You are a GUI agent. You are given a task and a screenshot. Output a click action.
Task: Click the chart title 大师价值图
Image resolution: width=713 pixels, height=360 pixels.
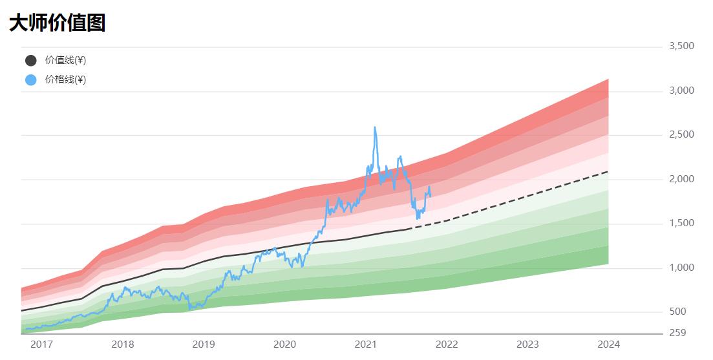pos(57,23)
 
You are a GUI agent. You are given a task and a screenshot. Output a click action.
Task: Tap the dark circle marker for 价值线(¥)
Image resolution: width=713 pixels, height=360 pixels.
pos(31,61)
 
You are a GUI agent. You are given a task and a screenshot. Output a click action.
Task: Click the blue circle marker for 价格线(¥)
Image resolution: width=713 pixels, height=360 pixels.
pos(31,80)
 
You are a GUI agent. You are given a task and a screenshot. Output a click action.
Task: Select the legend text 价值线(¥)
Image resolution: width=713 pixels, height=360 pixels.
pos(65,61)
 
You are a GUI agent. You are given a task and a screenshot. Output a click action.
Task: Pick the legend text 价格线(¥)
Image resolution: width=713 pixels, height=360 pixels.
pos(65,80)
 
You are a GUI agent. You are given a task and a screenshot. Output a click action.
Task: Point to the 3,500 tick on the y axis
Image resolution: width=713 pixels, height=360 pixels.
pos(681,46)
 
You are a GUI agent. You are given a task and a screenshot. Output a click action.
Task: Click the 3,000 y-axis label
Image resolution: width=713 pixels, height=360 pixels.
pos(681,90)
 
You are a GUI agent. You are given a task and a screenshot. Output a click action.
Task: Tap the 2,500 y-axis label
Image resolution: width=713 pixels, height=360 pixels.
pos(681,134)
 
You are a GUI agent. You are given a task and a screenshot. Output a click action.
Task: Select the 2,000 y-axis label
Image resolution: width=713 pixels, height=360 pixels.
pos(681,179)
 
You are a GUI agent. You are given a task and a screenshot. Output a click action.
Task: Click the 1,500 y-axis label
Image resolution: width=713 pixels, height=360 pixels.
pos(681,223)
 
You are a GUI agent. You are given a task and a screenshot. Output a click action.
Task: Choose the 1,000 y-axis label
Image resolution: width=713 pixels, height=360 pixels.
pos(681,268)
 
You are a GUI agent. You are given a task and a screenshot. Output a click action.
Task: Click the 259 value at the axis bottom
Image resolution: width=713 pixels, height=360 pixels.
pos(677,333)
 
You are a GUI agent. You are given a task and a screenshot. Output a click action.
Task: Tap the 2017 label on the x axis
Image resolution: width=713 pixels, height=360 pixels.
pos(41,344)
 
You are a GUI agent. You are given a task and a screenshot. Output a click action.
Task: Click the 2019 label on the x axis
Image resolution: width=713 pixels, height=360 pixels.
pos(204,344)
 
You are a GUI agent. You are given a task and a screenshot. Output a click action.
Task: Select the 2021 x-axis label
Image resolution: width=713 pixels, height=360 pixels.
pos(366,344)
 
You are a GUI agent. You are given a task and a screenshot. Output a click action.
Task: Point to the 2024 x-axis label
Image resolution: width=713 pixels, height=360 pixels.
pos(608,344)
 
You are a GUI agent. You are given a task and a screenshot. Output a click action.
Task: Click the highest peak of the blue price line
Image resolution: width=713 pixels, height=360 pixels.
pos(375,127)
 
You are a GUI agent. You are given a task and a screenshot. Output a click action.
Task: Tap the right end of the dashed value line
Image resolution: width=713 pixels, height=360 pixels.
pos(608,172)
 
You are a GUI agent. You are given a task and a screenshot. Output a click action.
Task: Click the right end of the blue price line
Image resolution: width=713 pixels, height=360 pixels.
pos(431,195)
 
